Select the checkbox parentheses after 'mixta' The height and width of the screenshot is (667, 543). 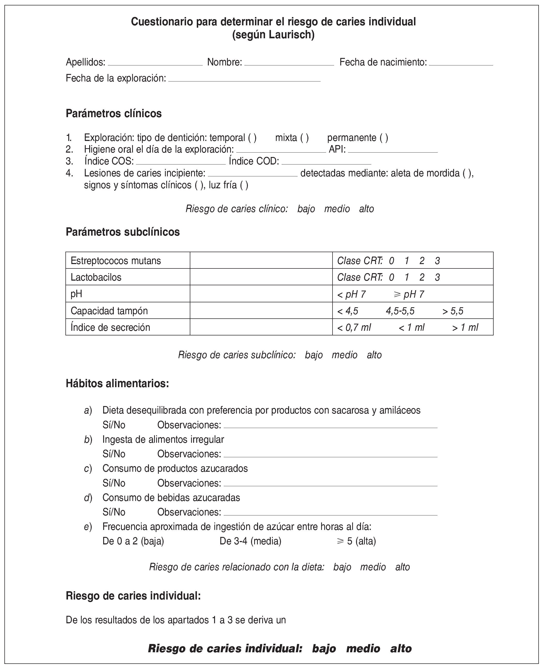[x=304, y=138]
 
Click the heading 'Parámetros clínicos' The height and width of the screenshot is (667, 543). [x=114, y=114]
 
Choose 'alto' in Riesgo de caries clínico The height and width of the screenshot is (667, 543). [x=366, y=209]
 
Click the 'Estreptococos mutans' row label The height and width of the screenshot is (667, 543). [x=116, y=261]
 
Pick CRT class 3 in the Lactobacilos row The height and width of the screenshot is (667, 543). [x=437, y=277]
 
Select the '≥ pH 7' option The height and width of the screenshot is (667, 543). [x=409, y=294]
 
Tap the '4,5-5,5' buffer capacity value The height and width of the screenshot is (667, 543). [x=400, y=311]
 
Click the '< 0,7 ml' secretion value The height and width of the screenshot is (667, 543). [x=354, y=328]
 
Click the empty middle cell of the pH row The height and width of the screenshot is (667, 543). [x=261, y=294]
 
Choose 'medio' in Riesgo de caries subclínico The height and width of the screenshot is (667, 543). [x=344, y=355]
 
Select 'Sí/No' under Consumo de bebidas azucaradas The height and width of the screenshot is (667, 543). [x=114, y=512]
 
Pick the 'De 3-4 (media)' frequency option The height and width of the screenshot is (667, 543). [x=250, y=541]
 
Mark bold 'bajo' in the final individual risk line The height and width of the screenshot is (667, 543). [x=324, y=649]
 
